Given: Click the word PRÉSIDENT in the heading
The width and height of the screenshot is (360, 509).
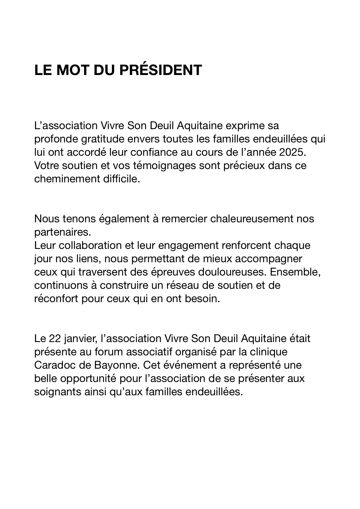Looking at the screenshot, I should (161, 70).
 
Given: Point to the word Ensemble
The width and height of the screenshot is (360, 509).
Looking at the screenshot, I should (295, 272).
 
